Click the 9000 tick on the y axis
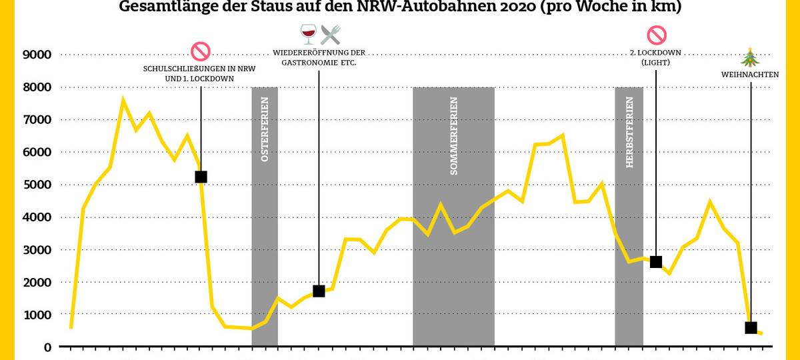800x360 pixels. [x=37, y=55]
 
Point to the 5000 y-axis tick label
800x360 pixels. [x=37, y=185]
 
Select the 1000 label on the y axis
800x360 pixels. [x=37, y=315]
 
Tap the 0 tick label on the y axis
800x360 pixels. [x=47, y=347]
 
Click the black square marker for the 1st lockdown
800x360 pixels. [x=201, y=177]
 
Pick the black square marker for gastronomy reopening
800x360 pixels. [x=319, y=291]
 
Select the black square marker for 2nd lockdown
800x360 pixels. [x=656, y=262]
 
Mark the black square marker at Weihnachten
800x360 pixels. [x=751, y=327]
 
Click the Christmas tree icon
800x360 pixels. [x=751, y=57]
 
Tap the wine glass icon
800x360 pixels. [x=308, y=34]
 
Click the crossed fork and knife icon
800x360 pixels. [x=330, y=34]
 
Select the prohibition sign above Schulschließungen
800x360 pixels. [x=201, y=51]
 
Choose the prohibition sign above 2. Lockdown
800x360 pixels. [x=656, y=34]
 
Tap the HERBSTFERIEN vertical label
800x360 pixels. [x=629, y=141]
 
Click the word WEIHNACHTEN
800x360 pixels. [x=750, y=75]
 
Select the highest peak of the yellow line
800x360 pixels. [x=123, y=99]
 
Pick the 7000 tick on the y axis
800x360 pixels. [x=37, y=120]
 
